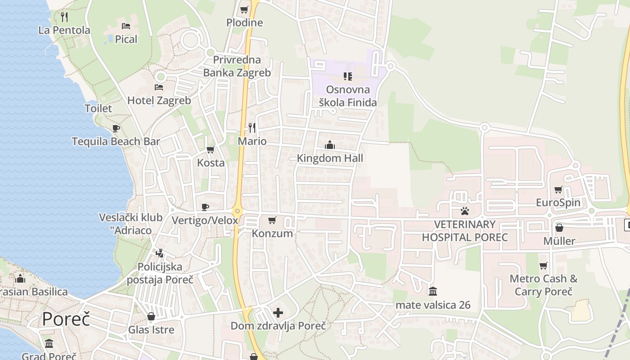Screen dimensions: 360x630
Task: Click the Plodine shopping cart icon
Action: [x=244, y=9]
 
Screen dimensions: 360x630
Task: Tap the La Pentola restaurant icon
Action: [x=64, y=17]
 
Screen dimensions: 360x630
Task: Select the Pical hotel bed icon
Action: [x=126, y=26]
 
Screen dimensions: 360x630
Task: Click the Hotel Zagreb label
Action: [x=159, y=100]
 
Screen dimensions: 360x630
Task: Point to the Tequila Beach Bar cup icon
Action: [x=116, y=128]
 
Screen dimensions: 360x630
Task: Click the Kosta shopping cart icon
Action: [x=210, y=149]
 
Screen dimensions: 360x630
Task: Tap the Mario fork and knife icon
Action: [x=252, y=128]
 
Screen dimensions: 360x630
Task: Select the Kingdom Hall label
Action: [x=330, y=158]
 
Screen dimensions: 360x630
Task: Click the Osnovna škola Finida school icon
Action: [x=347, y=76]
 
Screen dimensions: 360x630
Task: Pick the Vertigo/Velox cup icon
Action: [x=205, y=207]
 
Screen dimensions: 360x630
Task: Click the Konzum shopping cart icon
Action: [x=272, y=220]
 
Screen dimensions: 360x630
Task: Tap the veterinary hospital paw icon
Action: [x=464, y=211]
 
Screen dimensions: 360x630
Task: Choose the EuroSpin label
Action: [x=558, y=202]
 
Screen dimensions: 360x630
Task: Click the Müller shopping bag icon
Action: [x=559, y=228]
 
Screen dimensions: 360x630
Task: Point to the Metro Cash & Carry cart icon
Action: [x=543, y=265]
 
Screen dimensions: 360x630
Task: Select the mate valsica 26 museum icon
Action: [x=433, y=292]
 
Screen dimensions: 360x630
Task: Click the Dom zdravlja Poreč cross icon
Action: [x=278, y=312]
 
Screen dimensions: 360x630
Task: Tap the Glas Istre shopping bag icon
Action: [x=151, y=316]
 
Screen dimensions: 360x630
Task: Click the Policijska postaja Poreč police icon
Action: [x=159, y=253]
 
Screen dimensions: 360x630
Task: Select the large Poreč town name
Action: [x=66, y=319]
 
